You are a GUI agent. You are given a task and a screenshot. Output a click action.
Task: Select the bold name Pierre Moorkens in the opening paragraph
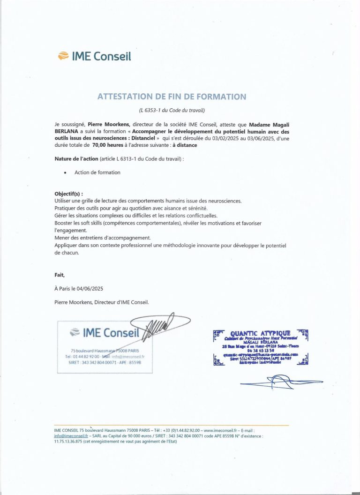[x=105, y=124]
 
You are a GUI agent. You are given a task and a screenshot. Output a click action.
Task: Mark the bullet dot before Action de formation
[x=65, y=173]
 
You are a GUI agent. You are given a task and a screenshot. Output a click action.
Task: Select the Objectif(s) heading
[x=68, y=194]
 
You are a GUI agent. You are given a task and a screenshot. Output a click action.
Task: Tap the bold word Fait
[x=60, y=275]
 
